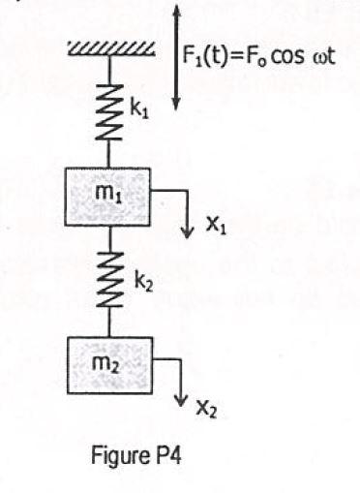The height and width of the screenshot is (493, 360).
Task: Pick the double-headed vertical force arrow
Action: [175, 53]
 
